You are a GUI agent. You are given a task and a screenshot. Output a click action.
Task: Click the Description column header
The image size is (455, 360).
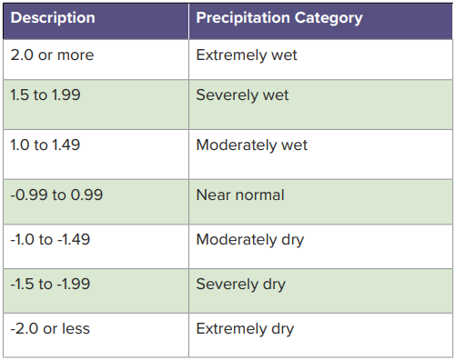(53, 18)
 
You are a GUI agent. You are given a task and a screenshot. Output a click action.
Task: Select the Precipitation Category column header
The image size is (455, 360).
(279, 18)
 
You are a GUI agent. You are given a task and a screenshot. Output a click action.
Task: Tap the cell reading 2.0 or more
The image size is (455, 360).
(52, 55)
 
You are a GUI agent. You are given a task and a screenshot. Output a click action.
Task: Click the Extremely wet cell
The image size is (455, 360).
(247, 55)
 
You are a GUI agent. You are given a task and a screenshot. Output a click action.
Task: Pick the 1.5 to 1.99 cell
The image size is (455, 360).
(45, 95)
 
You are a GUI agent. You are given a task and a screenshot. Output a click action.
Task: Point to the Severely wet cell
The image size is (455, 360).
(243, 95)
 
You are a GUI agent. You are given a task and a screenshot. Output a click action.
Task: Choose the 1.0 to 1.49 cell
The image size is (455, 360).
(45, 145)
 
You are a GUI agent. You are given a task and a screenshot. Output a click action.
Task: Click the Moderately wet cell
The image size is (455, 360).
(252, 145)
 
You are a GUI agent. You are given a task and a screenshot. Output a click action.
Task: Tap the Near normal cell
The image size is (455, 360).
(240, 195)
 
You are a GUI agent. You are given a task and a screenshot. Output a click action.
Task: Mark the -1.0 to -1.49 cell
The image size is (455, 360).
(50, 240)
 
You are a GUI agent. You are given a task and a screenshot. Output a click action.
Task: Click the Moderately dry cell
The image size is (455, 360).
(250, 240)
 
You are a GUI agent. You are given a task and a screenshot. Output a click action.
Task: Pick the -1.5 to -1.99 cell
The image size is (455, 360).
(50, 285)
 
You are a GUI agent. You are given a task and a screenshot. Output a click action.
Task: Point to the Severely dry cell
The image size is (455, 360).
(241, 285)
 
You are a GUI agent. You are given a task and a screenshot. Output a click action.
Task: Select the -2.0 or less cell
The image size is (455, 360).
(50, 328)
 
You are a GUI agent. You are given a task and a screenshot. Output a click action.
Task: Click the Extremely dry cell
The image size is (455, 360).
(245, 328)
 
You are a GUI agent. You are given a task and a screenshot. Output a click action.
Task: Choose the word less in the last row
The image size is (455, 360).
(76, 328)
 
